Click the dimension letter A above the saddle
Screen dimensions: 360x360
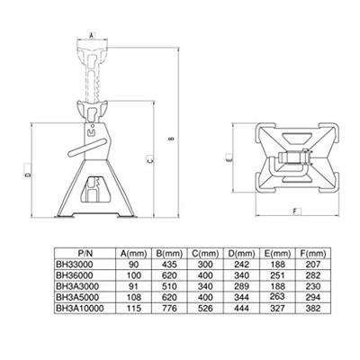[x=92, y=35]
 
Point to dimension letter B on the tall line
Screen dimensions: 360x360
[x=172, y=139]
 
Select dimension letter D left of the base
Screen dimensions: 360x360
[x=28, y=174]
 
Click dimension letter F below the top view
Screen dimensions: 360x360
[x=295, y=211]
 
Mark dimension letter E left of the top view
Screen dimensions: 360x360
[x=229, y=159]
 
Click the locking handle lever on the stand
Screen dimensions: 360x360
[x=87, y=148]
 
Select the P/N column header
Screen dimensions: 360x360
[x=85, y=254]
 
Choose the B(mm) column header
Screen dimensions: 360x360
[x=169, y=254]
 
